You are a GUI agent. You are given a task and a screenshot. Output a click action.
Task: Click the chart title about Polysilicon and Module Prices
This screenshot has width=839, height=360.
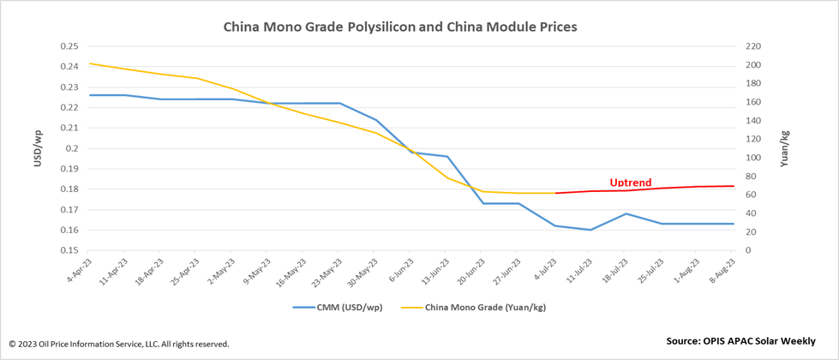(400, 27)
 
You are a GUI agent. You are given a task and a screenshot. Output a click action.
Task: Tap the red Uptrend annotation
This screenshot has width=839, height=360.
(630, 183)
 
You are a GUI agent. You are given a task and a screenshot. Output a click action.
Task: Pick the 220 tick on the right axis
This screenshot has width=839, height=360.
(752, 46)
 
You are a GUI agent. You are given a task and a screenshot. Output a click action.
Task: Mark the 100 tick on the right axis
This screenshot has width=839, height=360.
(752, 158)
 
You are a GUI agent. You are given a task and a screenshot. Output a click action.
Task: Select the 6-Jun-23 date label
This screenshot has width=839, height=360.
(403, 273)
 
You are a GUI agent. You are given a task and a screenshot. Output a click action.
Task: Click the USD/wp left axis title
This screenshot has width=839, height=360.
(38, 147)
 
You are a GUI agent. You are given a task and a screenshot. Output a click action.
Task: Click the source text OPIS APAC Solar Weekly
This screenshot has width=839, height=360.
(740, 340)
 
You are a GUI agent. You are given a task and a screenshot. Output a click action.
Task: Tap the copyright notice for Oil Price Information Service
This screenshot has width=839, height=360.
(119, 344)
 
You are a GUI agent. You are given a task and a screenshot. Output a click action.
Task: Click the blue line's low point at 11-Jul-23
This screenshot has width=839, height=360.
(590, 230)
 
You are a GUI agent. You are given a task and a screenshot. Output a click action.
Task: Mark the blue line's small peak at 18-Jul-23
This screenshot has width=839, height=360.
(626, 213)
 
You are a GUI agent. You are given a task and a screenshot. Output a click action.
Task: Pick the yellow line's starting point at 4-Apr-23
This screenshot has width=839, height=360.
(90, 63)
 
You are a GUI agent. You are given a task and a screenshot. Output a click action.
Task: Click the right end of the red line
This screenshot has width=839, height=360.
(734, 186)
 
